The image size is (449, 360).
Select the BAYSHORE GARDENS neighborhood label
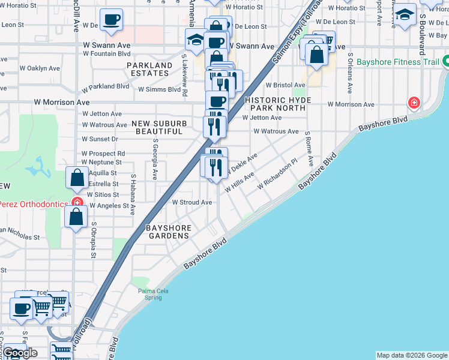click(169, 232)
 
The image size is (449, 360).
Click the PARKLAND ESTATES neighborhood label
click(149, 69)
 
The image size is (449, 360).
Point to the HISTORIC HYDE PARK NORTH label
click(276, 104)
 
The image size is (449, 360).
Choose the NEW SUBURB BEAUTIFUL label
click(158, 127)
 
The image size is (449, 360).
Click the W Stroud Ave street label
click(192, 202)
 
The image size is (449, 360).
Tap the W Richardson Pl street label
click(277, 173)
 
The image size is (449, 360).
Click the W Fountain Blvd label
click(107, 53)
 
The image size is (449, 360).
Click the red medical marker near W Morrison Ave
click(413, 103)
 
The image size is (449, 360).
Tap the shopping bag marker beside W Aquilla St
click(77, 177)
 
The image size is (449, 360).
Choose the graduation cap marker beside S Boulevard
click(405, 14)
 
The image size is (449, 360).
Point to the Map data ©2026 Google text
click(412, 355)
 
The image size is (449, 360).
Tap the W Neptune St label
click(101, 162)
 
